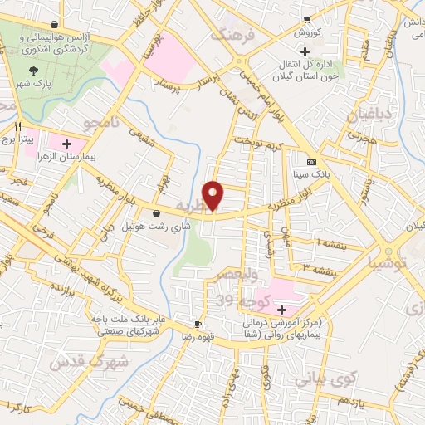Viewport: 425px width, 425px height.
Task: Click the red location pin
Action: coord(214,195)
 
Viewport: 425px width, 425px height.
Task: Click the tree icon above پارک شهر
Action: coord(33,71)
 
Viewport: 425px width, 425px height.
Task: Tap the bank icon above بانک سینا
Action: coord(311,162)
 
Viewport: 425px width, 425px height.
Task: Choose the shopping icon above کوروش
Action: coord(306,20)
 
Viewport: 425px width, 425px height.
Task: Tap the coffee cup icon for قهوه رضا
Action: coord(198,325)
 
